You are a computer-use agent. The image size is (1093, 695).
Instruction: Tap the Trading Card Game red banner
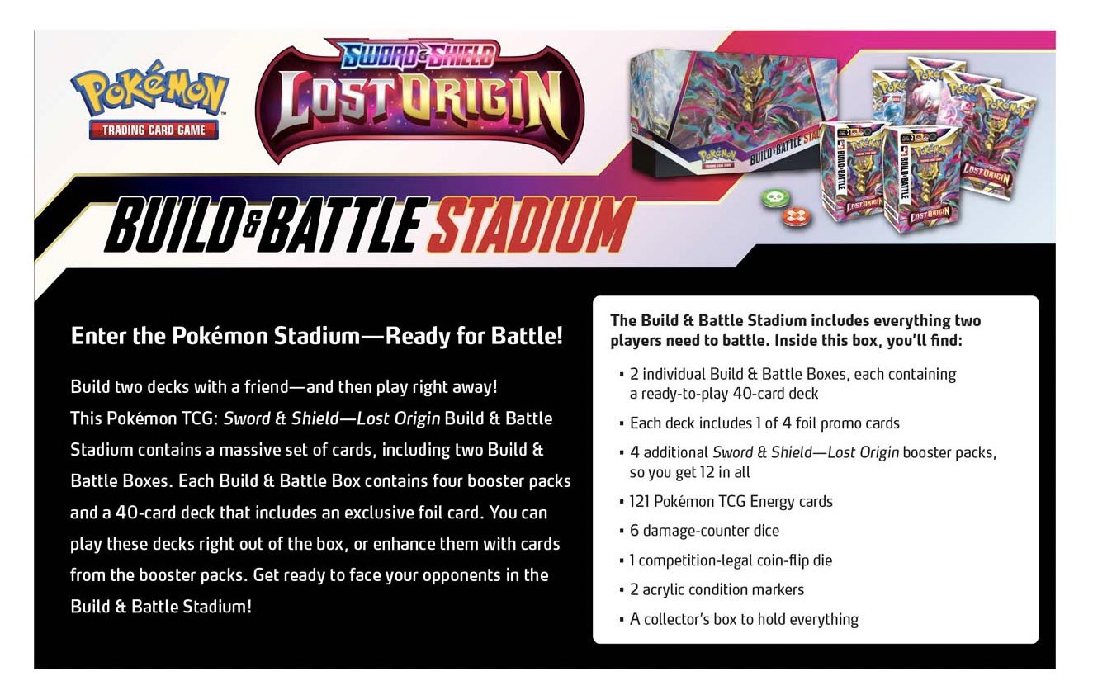pyautogui.click(x=154, y=130)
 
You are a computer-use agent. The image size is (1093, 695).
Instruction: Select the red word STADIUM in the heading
pyautogui.click(x=531, y=225)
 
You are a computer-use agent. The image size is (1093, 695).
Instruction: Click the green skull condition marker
pyautogui.click(x=776, y=198)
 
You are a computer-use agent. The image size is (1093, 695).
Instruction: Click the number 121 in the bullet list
pyautogui.click(x=640, y=501)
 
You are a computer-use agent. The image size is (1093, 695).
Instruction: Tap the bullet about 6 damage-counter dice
pyautogui.click(x=700, y=531)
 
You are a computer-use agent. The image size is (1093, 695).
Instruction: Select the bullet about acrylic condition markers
pyautogui.click(x=712, y=589)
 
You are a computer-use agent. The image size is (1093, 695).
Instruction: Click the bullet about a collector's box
pyautogui.click(x=739, y=619)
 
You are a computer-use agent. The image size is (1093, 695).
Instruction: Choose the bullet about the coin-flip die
pyautogui.click(x=726, y=560)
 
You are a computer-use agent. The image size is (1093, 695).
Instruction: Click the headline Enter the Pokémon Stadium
pyautogui.click(x=317, y=336)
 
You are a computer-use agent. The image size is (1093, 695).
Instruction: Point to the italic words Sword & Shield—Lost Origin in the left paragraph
pyautogui.click(x=332, y=418)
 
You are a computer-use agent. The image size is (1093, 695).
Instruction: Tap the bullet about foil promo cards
pyautogui.click(x=759, y=423)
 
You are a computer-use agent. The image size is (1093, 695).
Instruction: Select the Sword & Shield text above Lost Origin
pyautogui.click(x=419, y=54)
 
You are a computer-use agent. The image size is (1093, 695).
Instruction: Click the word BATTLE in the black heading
pyautogui.click(x=339, y=225)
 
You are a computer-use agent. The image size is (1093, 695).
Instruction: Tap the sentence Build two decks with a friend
pyautogui.click(x=284, y=387)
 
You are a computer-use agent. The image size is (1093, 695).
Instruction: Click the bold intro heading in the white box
pyautogui.click(x=795, y=330)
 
